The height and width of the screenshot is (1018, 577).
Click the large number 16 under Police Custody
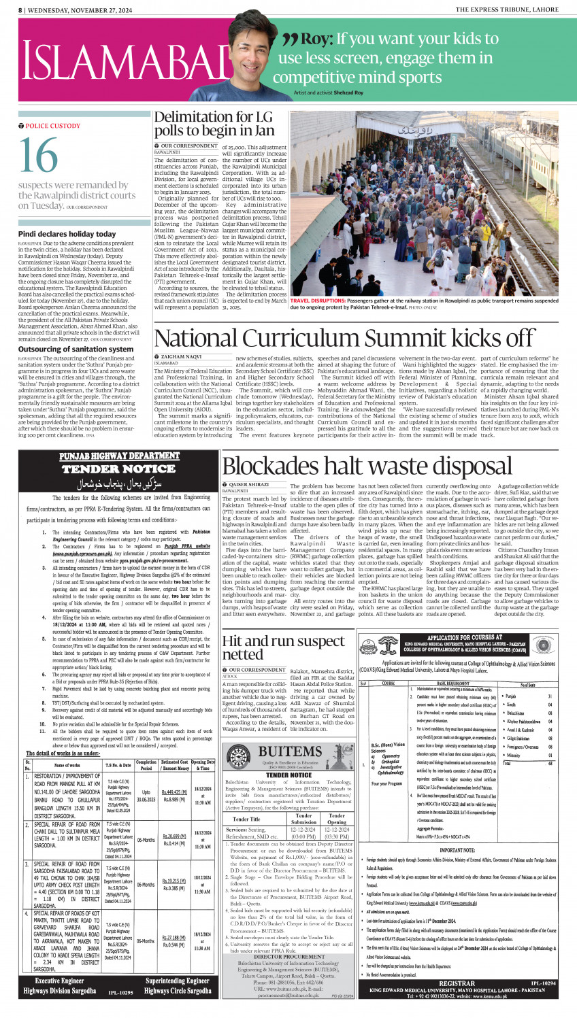tap(39, 156)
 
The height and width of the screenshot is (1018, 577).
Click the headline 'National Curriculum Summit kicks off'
tap(344, 338)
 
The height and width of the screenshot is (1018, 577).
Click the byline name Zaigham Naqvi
tap(181, 356)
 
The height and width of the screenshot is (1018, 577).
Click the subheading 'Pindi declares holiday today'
tap(67, 234)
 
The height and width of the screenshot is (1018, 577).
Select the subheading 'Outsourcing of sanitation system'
tap(76, 349)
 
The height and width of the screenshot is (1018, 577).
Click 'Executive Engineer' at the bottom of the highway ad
tap(59, 981)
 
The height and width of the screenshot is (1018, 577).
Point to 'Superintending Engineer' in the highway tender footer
tap(178, 981)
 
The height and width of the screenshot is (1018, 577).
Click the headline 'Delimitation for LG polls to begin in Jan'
tap(214, 123)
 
